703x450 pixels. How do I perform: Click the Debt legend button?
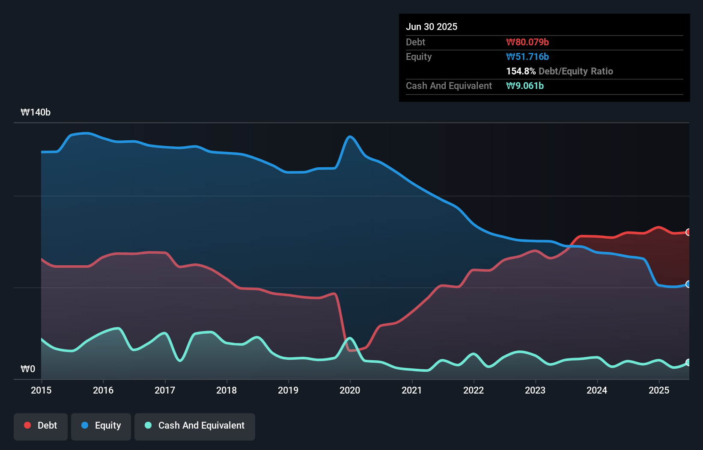pyautogui.click(x=41, y=426)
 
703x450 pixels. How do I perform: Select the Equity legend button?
pyautogui.click(x=101, y=426)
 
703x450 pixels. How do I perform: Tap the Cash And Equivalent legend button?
pyautogui.click(x=195, y=426)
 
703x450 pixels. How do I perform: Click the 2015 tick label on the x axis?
pyautogui.click(x=41, y=390)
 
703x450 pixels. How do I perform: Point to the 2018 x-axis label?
pyautogui.click(x=226, y=390)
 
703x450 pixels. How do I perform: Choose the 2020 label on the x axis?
pyautogui.click(x=350, y=390)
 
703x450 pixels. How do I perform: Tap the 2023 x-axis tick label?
pyautogui.click(x=535, y=390)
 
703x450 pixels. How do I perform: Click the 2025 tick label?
pyautogui.click(x=659, y=390)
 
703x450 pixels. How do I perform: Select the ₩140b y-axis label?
pyautogui.click(x=36, y=112)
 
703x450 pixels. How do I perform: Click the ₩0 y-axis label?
pyautogui.click(x=28, y=369)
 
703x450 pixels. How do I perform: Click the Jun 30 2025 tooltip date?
pyautogui.click(x=432, y=27)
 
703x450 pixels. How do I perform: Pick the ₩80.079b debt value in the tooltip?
pyautogui.click(x=527, y=42)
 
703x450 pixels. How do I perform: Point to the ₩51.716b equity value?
pyautogui.click(x=527, y=56)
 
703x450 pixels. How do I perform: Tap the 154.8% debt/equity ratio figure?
pyautogui.click(x=521, y=71)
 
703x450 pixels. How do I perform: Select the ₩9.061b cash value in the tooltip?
pyautogui.click(x=525, y=86)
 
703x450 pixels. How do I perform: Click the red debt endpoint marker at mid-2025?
pyautogui.click(x=688, y=232)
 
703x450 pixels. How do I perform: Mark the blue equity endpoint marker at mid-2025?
pyautogui.click(x=688, y=284)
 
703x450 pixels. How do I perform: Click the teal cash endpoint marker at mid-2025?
pyautogui.click(x=688, y=362)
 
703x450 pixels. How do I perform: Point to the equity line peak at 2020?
pyautogui.click(x=350, y=137)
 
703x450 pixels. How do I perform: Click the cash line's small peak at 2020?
pyautogui.click(x=350, y=338)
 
